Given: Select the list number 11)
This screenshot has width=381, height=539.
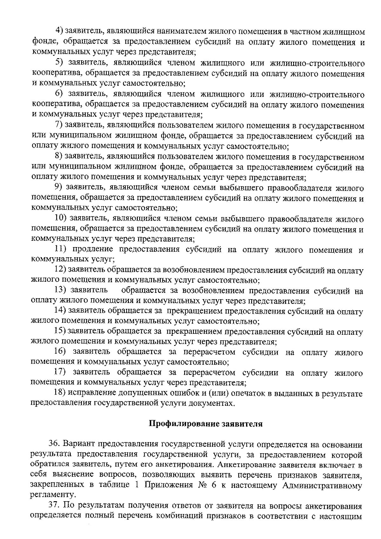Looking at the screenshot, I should tap(60, 250).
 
